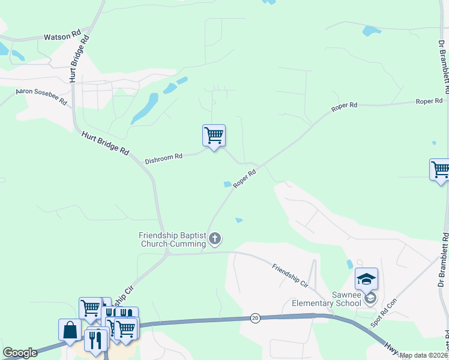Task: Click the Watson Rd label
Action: pyautogui.click(x=62, y=37)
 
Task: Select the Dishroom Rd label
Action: pyautogui.click(x=163, y=158)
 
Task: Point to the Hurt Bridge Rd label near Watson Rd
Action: pyautogui.click(x=79, y=58)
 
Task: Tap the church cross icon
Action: pyautogui.click(x=215, y=239)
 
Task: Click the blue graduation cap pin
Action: pyautogui.click(x=366, y=279)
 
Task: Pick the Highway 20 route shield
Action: pyautogui.click(x=255, y=318)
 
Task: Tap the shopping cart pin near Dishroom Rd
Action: pyautogui.click(x=214, y=136)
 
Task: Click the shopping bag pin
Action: pyautogui.click(x=70, y=330)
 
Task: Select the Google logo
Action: pyautogui.click(x=20, y=353)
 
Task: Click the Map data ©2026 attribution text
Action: pyautogui.click(x=424, y=355)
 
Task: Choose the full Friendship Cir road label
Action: pyautogui.click(x=289, y=275)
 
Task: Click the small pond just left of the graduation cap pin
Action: pyautogui.click(x=349, y=264)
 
